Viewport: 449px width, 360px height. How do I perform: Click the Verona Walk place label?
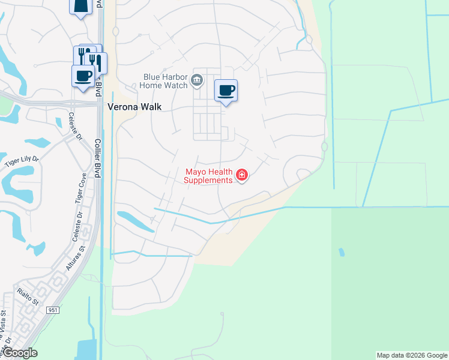(135, 107)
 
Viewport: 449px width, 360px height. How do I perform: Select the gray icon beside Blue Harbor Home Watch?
(197, 80)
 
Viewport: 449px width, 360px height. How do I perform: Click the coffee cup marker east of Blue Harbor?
(226, 91)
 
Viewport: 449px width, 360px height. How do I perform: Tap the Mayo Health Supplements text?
(208, 176)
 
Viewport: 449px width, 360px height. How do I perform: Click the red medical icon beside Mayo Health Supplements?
(242, 175)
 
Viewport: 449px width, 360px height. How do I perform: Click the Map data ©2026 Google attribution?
(412, 355)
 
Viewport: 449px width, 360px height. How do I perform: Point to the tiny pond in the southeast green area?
(342, 252)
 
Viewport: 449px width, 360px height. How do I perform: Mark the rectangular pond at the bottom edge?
(87, 349)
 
